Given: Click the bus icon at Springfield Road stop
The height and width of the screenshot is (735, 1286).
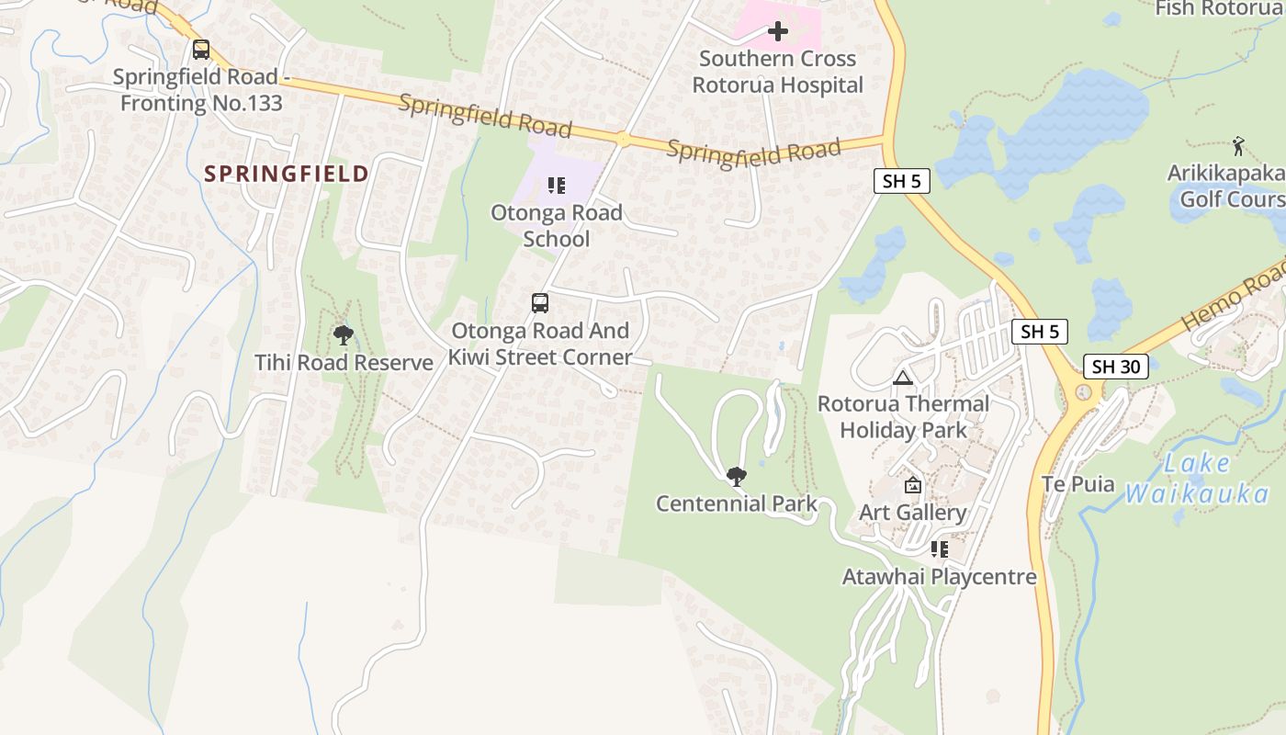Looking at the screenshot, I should [x=201, y=50].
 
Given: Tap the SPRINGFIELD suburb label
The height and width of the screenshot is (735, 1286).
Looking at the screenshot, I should [x=287, y=174].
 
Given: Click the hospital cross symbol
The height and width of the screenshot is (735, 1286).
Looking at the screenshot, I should [x=778, y=32].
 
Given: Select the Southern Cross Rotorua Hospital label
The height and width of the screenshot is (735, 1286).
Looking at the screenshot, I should [x=777, y=72].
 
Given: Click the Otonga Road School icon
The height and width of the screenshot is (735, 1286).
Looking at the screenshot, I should [x=556, y=187].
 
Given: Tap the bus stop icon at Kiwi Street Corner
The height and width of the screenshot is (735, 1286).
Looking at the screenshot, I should [x=540, y=302].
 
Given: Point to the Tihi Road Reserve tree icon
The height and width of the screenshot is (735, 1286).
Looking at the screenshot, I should [x=344, y=335].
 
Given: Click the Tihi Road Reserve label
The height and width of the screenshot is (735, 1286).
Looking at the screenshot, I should [x=344, y=363].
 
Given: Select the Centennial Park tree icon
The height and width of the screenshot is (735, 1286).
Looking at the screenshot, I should [x=736, y=476].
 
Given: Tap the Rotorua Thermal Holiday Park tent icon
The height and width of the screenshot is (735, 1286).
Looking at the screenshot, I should [x=902, y=378].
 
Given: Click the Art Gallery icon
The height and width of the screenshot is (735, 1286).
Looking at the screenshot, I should [x=913, y=485].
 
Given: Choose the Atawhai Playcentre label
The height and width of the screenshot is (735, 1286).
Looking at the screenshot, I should [x=939, y=577].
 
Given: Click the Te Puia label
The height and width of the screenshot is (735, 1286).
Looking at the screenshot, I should [x=1077, y=484].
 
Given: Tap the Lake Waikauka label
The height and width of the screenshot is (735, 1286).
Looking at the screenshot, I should [x=1197, y=479].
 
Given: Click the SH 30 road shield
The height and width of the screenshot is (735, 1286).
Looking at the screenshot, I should [x=1116, y=367].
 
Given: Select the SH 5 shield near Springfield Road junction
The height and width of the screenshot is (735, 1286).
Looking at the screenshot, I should [x=901, y=181].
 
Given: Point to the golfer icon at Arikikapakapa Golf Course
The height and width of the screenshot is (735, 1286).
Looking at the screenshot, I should [x=1238, y=145].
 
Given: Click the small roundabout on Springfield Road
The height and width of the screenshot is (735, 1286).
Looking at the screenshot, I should [x=623, y=140].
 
